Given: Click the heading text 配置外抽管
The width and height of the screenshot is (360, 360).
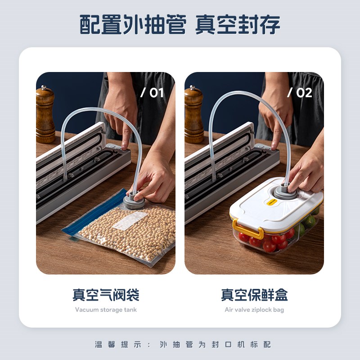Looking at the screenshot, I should pos(133,24).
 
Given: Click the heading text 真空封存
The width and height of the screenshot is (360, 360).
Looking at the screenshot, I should pos(238,24).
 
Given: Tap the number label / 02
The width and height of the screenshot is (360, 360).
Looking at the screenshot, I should pos(300,93).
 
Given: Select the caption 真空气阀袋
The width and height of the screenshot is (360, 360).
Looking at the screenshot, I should pos(106,295).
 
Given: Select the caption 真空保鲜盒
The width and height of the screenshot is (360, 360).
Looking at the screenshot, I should pos(254,295).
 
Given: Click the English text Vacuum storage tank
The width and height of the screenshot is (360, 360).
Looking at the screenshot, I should pos(106,310).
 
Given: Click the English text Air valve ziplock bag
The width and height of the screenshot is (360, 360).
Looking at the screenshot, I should pos(254,310).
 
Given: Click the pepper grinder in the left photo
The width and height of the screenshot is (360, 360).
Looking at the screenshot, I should pos(45,115).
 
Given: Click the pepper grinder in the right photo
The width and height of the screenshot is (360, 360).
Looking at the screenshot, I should pos(193,115).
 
